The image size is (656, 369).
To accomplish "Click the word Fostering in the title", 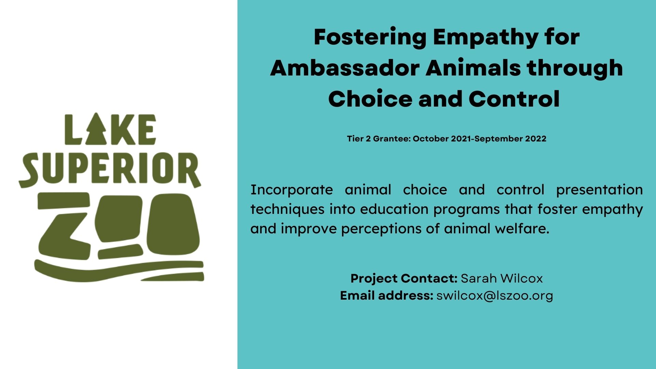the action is coord(370,38).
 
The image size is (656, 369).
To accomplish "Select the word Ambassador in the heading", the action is coord(345,68).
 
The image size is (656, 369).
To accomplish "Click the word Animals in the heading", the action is coord(473,68).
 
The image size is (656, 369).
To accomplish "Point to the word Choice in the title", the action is coord(370,99).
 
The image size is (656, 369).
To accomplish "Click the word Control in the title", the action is coord(514,99).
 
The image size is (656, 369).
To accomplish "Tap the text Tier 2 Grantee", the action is coord(379,139).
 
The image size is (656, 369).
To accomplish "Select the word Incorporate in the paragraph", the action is coord(292,190).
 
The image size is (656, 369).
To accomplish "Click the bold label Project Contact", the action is coord(404,278).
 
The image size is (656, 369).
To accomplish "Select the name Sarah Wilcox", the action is coord(502,278).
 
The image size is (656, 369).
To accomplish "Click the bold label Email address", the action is coord(387,295).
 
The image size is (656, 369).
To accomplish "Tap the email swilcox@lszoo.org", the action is coord(495,296).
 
